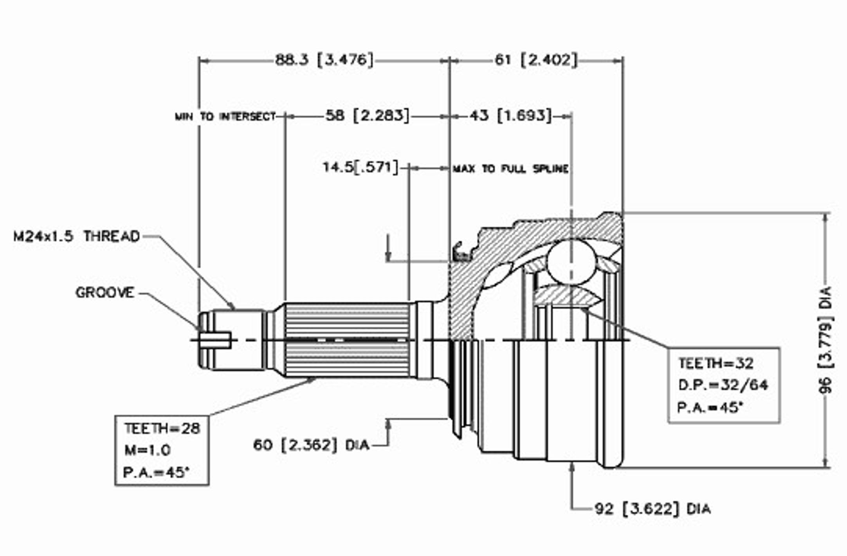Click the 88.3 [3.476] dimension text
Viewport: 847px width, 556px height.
pos(324,60)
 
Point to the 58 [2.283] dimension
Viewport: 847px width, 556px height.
pos(367,116)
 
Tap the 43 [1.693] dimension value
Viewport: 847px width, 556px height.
pos(511,116)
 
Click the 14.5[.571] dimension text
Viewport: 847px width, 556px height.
pos(360,168)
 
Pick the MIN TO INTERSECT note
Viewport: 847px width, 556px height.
pos(225,117)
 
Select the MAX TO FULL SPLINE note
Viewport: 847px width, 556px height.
pos(511,169)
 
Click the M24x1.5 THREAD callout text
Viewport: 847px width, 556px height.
pos(77,236)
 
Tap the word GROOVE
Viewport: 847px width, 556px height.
pos(105,292)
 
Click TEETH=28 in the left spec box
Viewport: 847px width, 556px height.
pos(162,428)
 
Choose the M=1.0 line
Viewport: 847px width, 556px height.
pos(148,450)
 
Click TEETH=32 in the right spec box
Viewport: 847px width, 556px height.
pos(716,363)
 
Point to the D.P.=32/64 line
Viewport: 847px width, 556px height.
pos(723,385)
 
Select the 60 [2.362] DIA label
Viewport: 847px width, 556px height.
pos(312,445)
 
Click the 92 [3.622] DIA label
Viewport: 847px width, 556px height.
pos(652,509)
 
